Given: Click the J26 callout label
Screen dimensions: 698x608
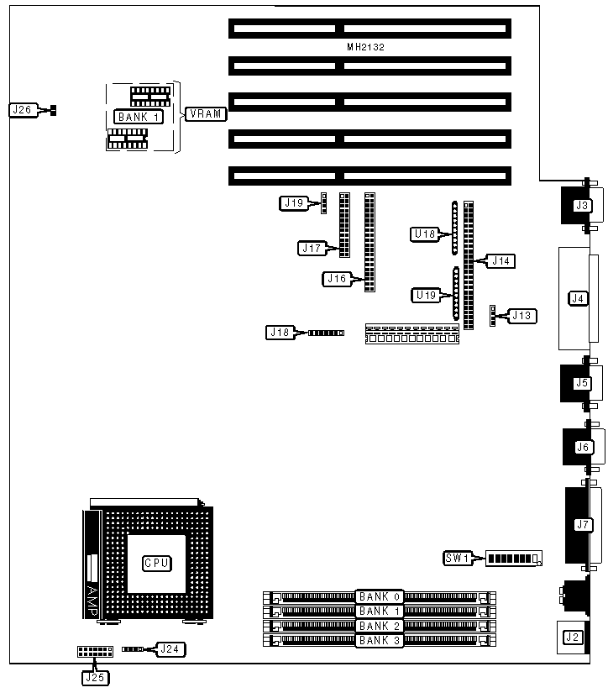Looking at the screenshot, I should coord(21,109).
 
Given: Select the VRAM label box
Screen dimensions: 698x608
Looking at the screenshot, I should coord(206,114).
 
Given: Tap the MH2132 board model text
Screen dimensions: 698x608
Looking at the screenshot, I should coord(365,48).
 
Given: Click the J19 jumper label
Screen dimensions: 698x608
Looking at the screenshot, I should coord(292,202).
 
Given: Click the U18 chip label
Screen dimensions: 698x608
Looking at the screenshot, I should coord(424,234).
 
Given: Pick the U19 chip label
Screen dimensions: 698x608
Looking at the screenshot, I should coord(425,295).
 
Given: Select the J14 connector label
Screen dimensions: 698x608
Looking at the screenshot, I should coord(501,261).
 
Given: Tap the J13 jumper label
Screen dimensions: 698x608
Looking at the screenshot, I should coord(522,316).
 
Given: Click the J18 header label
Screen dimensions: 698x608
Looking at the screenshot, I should coord(280,333).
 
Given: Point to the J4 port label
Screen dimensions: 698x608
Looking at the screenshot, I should coord(577,297).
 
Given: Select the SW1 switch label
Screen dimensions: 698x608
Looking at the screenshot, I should coord(457,558).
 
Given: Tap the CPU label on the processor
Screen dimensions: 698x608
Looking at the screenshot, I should coord(155,563).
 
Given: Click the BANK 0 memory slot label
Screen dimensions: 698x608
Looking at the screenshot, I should coord(380,597).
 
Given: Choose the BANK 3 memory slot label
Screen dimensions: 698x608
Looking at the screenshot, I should coord(380,641).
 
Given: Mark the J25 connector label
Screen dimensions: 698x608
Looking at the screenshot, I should coord(93,676).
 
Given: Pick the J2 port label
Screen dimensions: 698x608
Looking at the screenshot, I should coord(573,638).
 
